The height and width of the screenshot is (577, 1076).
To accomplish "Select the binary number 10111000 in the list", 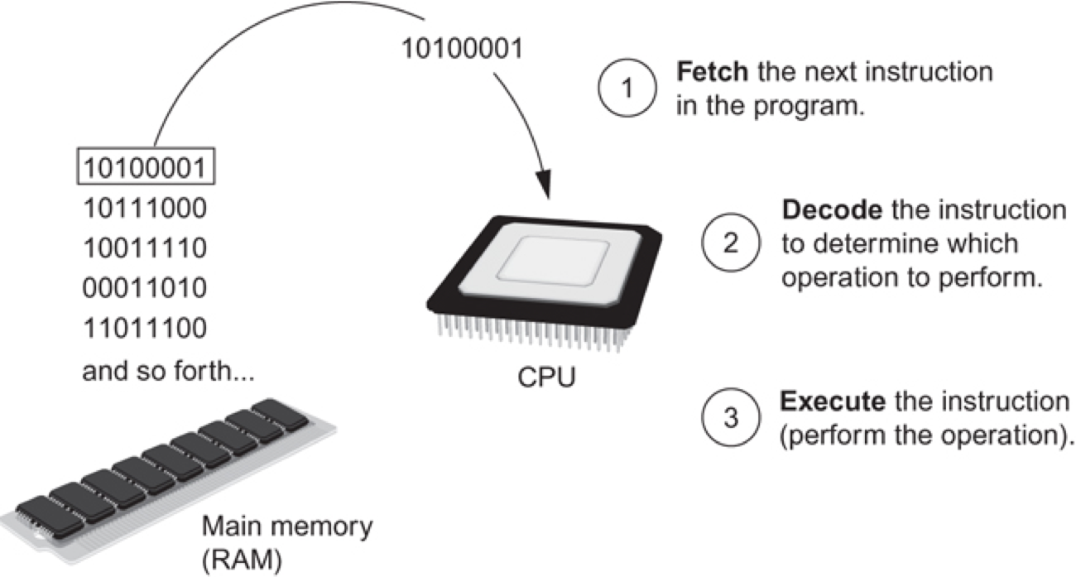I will point(144,207).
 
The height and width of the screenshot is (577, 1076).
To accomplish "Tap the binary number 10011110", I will point(144,248).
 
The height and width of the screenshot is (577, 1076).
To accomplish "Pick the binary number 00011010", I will point(144,288).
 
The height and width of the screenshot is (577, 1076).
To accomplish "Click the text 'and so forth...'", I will point(168,371).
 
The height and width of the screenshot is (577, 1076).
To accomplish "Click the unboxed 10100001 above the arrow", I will point(461,49).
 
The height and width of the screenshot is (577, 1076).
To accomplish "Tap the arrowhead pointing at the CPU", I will point(544,187).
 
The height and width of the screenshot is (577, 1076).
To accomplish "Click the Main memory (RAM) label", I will point(287,539).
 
